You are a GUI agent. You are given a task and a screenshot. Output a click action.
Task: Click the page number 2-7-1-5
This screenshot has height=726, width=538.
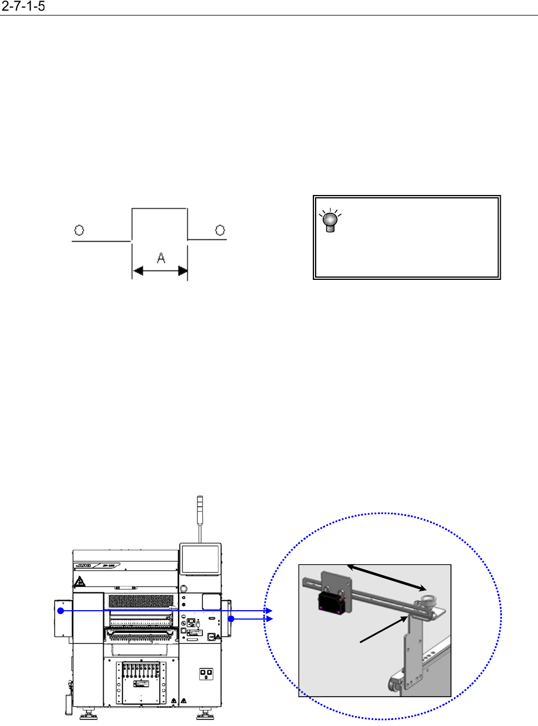point(23,7)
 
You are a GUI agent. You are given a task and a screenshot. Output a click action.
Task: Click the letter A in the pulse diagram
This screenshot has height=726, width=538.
point(161,258)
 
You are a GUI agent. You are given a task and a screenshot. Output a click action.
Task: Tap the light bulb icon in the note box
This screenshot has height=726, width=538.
point(330,221)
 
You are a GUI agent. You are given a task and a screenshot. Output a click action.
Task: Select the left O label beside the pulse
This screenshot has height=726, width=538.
point(79,230)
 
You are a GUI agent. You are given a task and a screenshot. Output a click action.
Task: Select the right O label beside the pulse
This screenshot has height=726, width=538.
point(220,230)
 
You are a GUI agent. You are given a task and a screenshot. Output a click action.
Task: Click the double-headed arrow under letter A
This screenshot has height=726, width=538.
point(160,271)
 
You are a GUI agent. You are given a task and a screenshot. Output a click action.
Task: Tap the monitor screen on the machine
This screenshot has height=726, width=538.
point(200,559)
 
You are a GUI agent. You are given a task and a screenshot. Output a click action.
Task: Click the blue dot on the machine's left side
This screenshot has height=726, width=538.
point(61,611)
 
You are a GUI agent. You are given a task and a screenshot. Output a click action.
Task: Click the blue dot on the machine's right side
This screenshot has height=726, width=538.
point(231,618)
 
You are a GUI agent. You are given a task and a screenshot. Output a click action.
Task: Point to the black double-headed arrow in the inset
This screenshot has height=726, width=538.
point(387,577)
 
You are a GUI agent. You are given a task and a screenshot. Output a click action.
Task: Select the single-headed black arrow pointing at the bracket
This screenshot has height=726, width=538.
point(384,630)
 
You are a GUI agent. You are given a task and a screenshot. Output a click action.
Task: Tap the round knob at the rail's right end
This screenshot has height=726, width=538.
point(428,600)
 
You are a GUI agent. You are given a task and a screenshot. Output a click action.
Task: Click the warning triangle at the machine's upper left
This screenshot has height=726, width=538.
point(80,582)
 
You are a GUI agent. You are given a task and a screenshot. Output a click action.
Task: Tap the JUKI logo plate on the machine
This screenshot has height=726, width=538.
point(82,566)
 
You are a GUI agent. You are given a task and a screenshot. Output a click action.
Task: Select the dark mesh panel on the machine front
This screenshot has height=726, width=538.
point(141,601)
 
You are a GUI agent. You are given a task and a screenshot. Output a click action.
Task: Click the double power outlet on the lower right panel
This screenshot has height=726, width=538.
point(206,673)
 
